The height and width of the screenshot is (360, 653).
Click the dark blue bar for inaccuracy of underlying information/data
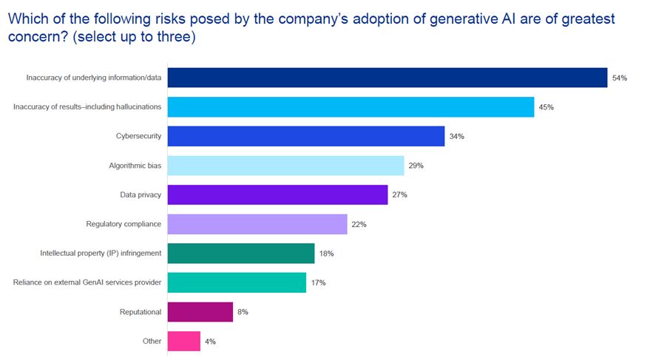tap(387, 78)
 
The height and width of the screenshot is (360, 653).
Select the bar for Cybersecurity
tap(305, 136)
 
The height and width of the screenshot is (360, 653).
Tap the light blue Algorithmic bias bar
tap(285, 166)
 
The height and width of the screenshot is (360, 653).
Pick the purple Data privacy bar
tap(277, 194)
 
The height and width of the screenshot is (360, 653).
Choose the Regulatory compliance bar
tap(257, 224)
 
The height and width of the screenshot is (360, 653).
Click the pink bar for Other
tap(183, 342)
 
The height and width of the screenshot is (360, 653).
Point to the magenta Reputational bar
tap(200, 312)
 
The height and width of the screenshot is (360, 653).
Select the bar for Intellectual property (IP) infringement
tap(241, 254)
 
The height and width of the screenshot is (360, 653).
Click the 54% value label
tap(619, 78)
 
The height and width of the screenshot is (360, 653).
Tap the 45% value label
tap(547, 107)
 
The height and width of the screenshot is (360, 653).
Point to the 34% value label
tap(456, 137)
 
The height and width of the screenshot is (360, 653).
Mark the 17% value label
tap(318, 283)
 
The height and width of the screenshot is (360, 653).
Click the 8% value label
tap(243, 312)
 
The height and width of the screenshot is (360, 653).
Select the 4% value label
tap(211, 342)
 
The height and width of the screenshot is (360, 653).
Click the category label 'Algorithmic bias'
tap(135, 166)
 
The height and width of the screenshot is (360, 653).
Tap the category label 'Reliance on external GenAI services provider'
tap(87, 283)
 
